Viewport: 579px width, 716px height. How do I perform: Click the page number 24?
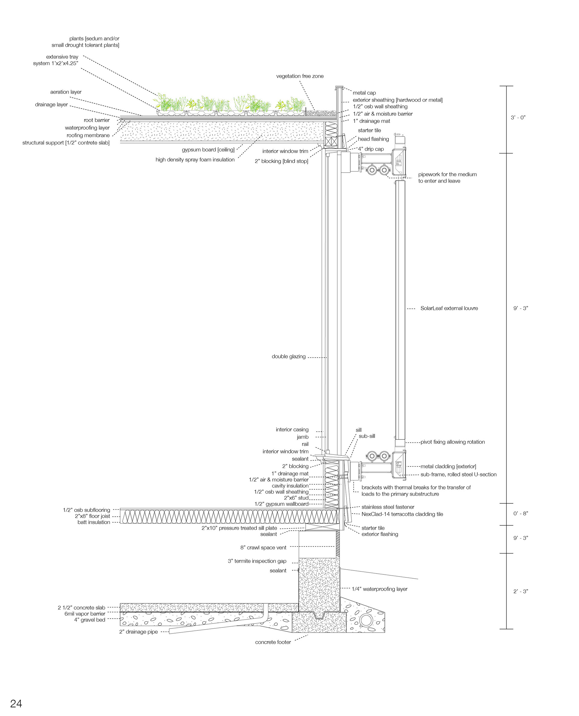(16, 703)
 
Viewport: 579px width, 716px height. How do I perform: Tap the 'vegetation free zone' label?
(299, 76)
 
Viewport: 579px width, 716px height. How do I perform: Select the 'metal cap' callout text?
(364, 93)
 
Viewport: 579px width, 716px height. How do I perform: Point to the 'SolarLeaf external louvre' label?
(449, 308)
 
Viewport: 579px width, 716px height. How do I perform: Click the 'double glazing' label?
(289, 357)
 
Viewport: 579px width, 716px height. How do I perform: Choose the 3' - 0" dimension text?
(518, 117)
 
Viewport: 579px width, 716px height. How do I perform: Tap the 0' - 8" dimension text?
(520, 513)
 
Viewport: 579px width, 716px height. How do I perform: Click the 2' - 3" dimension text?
(520, 591)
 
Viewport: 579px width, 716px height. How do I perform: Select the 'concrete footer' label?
(273, 642)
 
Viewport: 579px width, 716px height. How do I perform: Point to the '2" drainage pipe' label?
(138, 632)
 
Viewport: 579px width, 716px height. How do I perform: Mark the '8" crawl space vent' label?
(263, 547)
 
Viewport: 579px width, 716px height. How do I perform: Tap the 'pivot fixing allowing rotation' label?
(452, 442)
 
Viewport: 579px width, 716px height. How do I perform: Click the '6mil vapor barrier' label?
(85, 614)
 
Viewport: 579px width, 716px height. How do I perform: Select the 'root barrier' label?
(96, 120)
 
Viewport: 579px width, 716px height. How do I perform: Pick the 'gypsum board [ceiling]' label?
(208, 150)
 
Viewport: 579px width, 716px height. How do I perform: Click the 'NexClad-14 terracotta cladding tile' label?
(402, 514)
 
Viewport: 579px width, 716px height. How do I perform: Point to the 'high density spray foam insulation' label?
(195, 160)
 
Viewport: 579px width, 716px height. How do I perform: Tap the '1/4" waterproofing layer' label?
(380, 589)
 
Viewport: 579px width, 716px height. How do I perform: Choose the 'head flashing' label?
(373, 139)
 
